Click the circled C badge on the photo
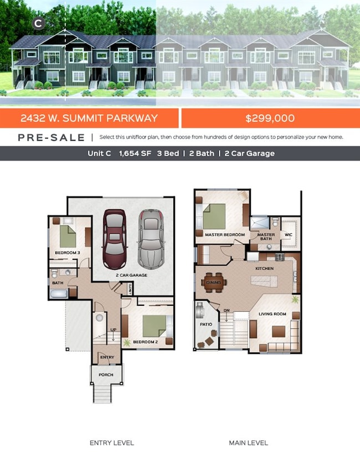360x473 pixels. point(38,23)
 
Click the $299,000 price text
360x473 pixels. point(270,118)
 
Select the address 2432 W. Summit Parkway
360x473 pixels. point(89,118)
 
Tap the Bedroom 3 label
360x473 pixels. point(67,253)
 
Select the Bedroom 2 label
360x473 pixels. point(146,342)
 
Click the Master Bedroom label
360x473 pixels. point(224,235)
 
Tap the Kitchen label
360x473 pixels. point(264,269)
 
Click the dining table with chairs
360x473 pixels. point(213,282)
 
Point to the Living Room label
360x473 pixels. point(272,314)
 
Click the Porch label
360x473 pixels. point(106,375)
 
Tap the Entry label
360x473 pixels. point(107,357)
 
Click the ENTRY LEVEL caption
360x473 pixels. point(112,443)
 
